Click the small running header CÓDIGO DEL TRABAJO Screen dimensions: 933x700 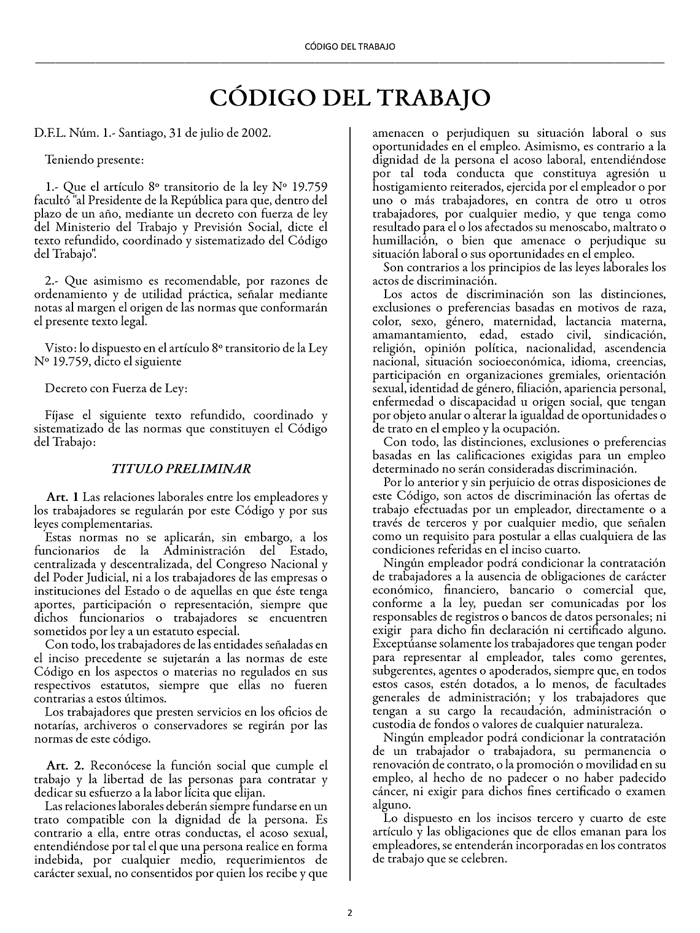coord(350,47)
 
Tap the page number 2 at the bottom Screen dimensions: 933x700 coord(350,913)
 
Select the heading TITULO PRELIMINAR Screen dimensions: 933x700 coord(181,469)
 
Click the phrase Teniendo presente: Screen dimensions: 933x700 coord(95,160)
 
